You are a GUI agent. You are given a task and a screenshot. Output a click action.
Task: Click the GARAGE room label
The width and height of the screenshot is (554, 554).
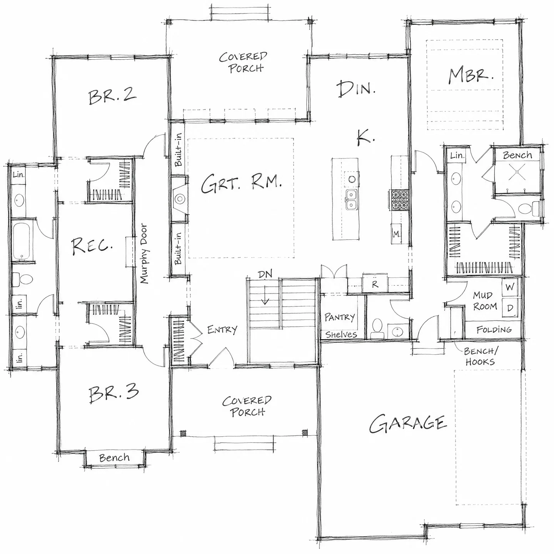click(408, 424)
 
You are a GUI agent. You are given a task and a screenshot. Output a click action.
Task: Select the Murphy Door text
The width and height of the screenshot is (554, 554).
click(144, 254)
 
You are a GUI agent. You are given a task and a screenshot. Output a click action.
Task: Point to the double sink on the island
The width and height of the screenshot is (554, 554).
click(351, 200)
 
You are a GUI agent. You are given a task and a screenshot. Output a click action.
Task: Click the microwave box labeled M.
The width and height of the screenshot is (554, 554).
click(396, 234)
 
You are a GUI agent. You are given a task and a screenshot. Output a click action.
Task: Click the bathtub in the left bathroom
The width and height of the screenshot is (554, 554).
click(23, 240)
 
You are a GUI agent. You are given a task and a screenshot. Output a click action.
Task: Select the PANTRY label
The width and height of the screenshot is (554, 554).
click(340, 317)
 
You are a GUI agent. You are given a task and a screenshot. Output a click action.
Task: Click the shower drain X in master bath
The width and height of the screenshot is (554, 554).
click(517, 172)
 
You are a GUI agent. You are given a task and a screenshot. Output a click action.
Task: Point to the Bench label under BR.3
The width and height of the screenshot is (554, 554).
click(114, 457)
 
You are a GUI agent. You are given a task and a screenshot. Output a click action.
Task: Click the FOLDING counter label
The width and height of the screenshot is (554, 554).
click(494, 329)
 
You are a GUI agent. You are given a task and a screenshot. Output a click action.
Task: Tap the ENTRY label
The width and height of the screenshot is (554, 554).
click(222, 329)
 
